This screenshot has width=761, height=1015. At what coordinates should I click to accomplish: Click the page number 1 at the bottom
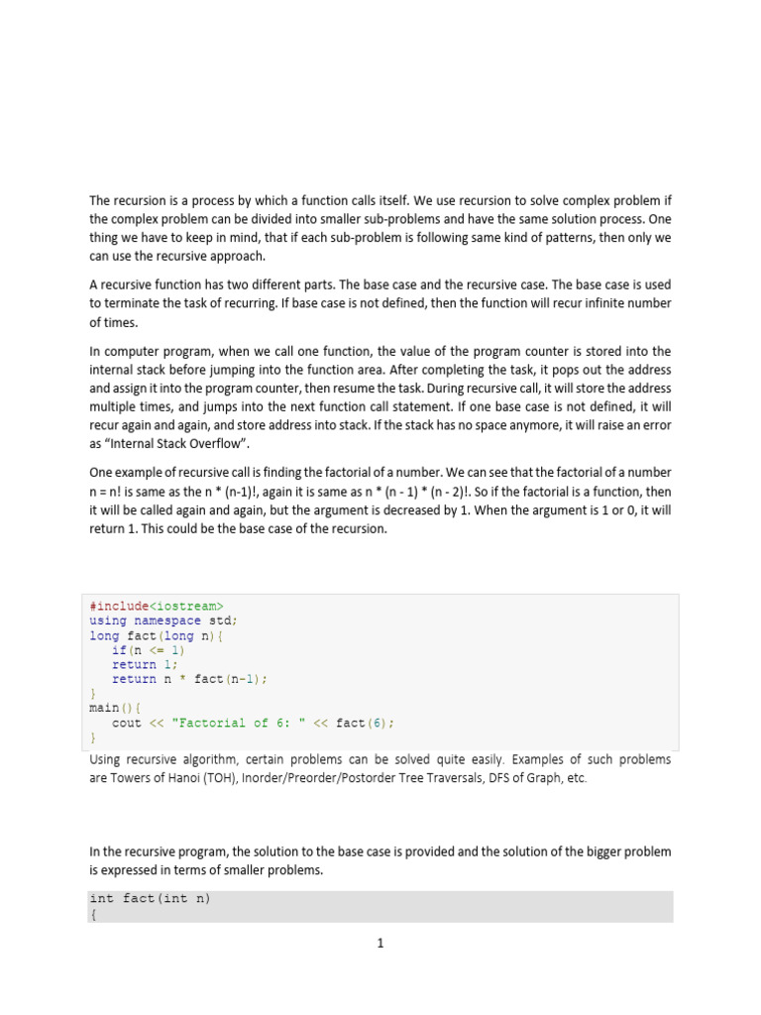coord(380,944)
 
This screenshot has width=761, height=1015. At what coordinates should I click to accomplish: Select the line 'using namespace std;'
coord(163,620)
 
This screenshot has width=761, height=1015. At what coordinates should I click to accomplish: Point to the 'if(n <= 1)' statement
coord(149,650)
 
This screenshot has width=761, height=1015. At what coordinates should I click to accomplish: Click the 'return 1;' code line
coord(145,665)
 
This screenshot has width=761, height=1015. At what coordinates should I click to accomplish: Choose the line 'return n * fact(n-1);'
coord(190,679)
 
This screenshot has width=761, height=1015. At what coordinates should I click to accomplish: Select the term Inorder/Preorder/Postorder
coord(358,778)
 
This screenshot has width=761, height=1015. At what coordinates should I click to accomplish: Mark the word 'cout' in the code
coord(127,723)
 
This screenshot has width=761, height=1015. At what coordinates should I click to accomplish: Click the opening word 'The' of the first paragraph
coord(101,199)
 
